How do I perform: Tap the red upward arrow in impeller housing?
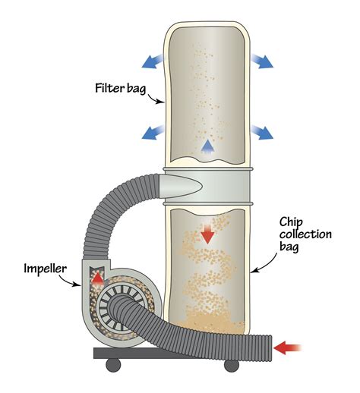click(x=96, y=278)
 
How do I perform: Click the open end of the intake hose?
click(x=267, y=347)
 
